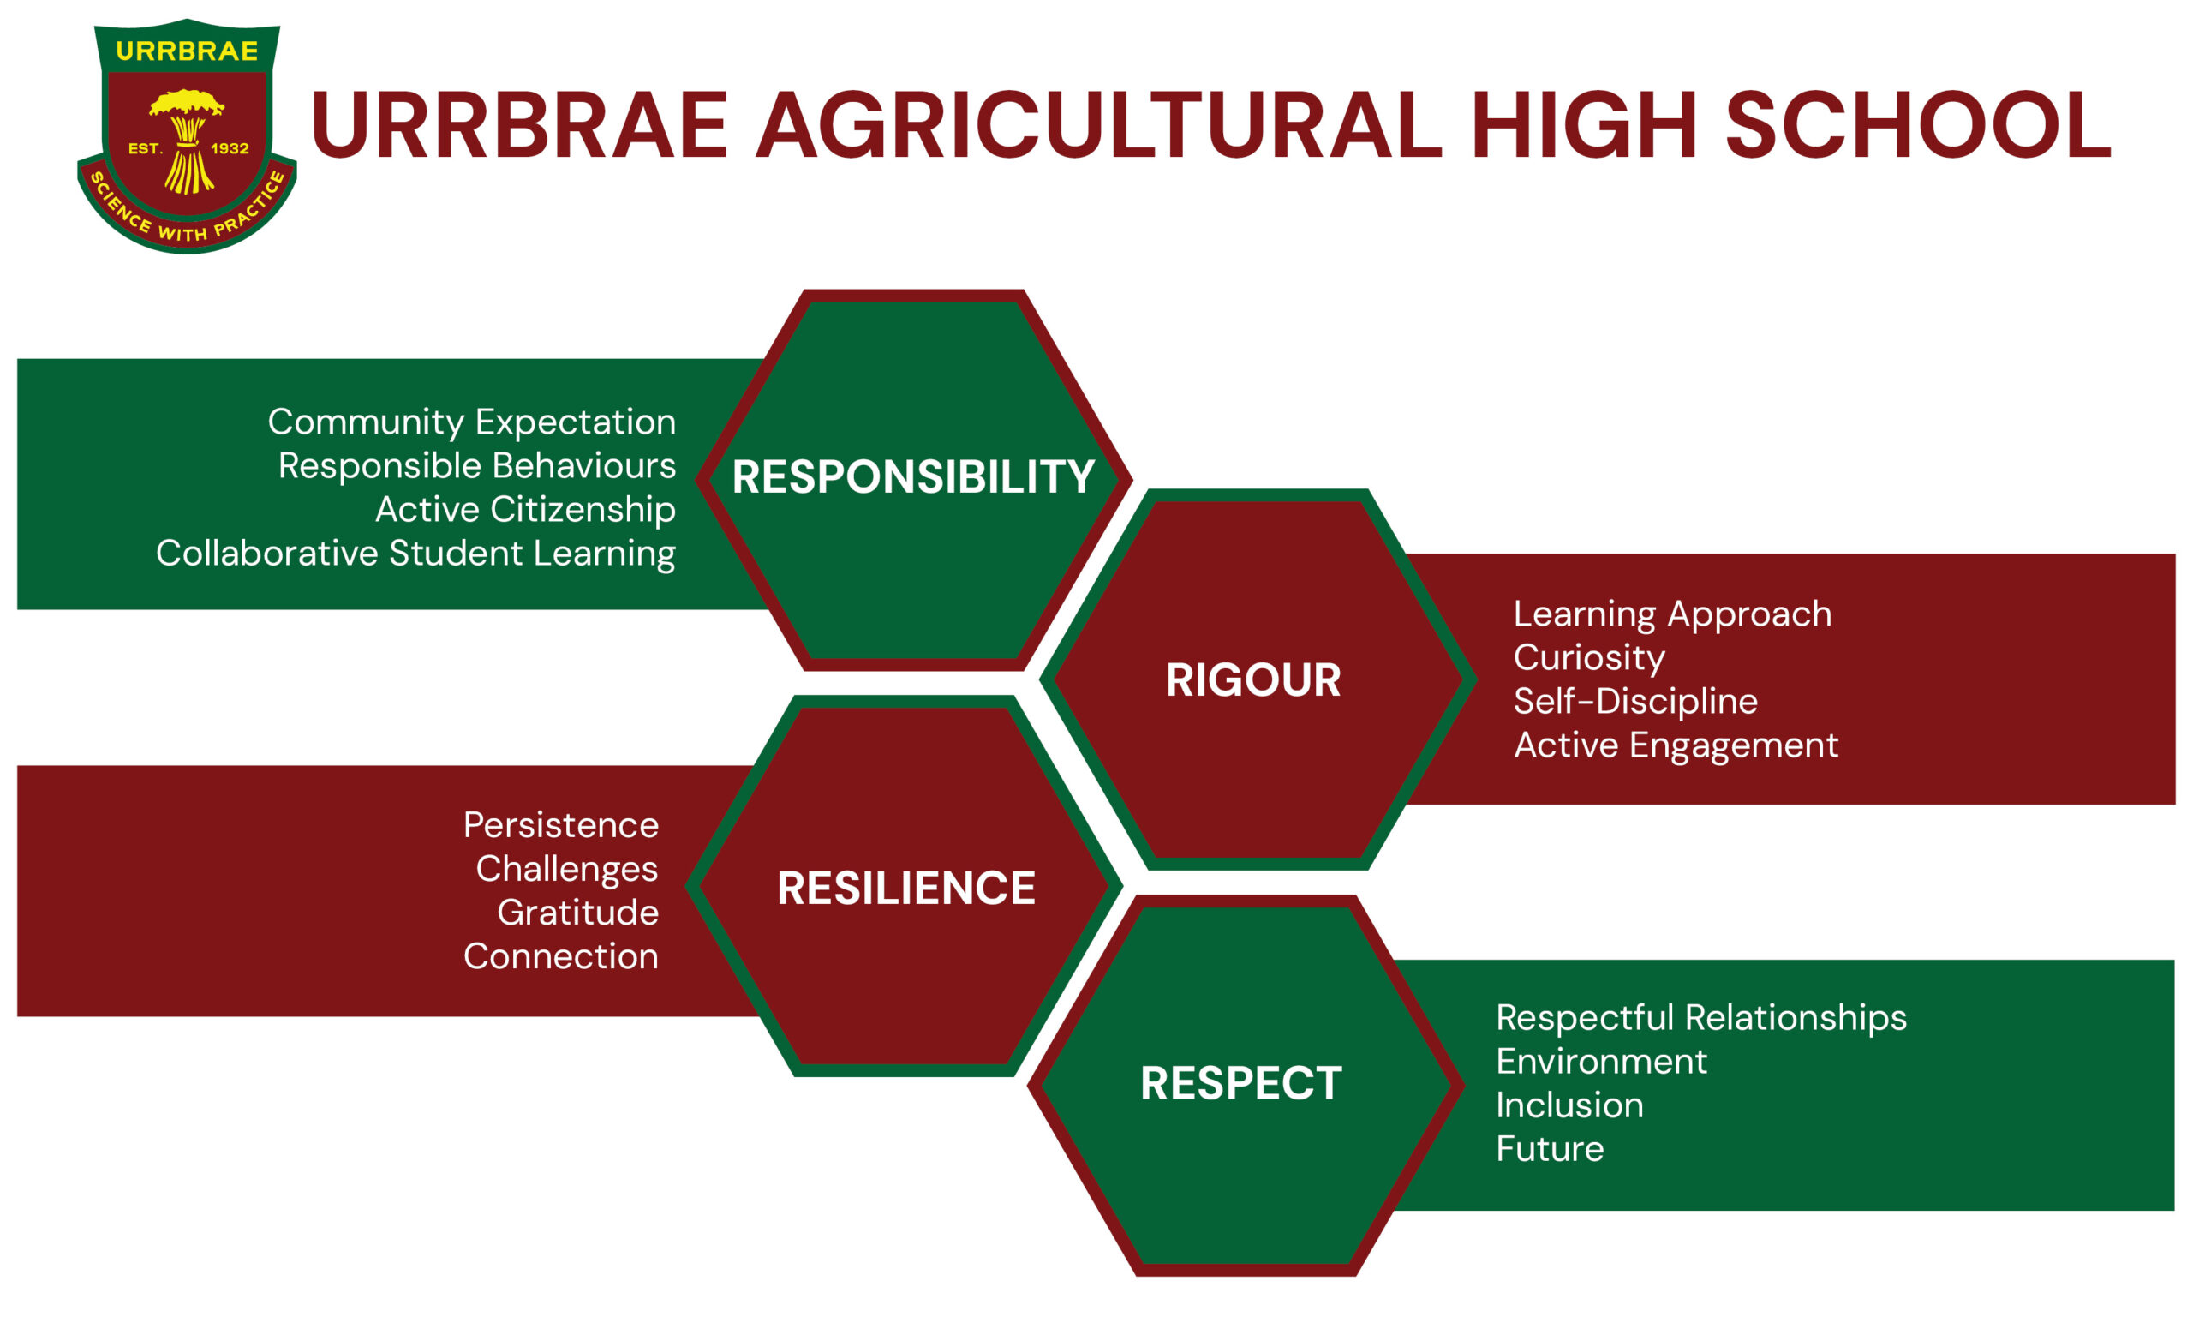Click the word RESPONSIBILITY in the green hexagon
(913, 476)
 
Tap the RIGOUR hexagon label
(1253, 680)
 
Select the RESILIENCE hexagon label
(906, 888)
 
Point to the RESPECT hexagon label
(1241, 1082)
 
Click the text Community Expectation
(472, 422)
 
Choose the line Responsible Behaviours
(477, 465)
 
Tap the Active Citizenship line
(525, 510)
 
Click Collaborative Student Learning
(415, 554)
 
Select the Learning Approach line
(1673, 614)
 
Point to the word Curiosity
(1590, 658)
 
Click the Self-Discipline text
(1636, 702)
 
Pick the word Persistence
(561, 825)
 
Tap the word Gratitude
(577, 913)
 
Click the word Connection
(561, 956)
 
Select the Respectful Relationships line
(1701, 1018)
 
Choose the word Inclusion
(1570, 1105)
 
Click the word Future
(1551, 1148)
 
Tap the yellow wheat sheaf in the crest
(187, 140)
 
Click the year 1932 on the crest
(230, 148)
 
